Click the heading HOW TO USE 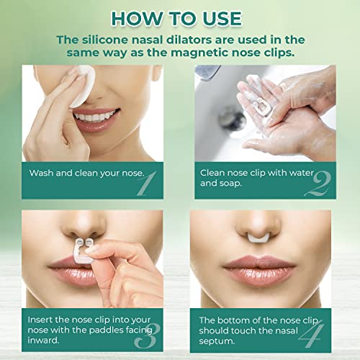[x=179, y=17]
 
